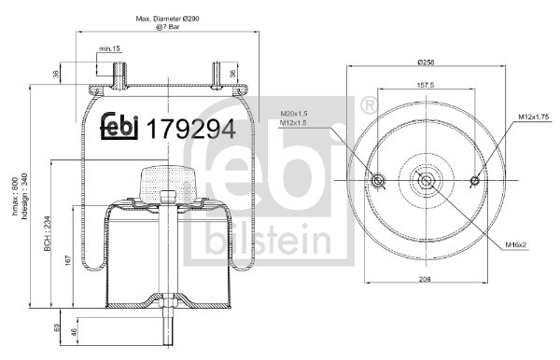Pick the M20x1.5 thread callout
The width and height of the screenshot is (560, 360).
pyautogui.click(x=294, y=114)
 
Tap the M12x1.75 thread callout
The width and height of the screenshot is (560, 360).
pyautogui.click(x=533, y=116)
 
